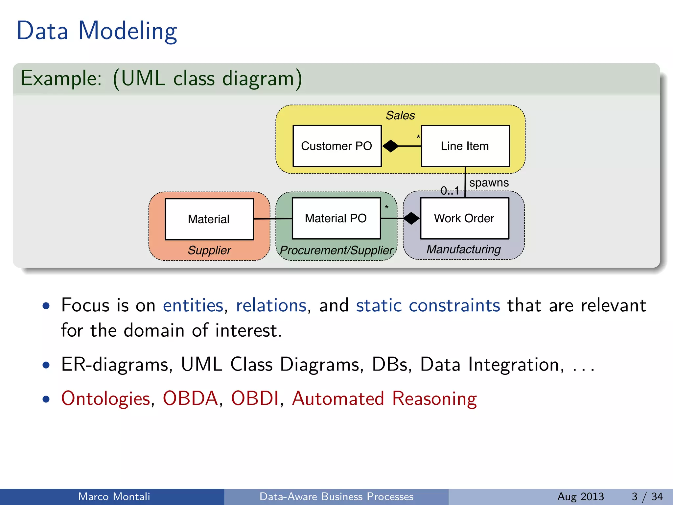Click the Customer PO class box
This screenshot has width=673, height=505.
[337, 146]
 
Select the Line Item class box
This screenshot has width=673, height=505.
[465, 146]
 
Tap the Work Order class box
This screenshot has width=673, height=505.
[464, 218]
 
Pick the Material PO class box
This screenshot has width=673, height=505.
[336, 218]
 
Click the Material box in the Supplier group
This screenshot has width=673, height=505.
[209, 219]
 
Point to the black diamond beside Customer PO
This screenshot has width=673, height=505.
[390, 146]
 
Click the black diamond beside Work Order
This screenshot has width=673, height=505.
[411, 218]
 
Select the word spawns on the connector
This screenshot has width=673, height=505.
[489, 183]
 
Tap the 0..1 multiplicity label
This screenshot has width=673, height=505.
[450, 191]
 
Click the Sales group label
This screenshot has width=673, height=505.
[400, 115]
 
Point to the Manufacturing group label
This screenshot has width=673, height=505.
[463, 249]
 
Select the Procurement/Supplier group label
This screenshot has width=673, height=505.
[336, 250]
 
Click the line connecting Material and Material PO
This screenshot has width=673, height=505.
[273, 219]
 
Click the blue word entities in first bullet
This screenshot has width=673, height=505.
[193, 305]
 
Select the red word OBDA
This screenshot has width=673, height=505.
[190, 398]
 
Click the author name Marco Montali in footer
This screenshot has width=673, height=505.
[114, 496]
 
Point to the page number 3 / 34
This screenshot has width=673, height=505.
[647, 496]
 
